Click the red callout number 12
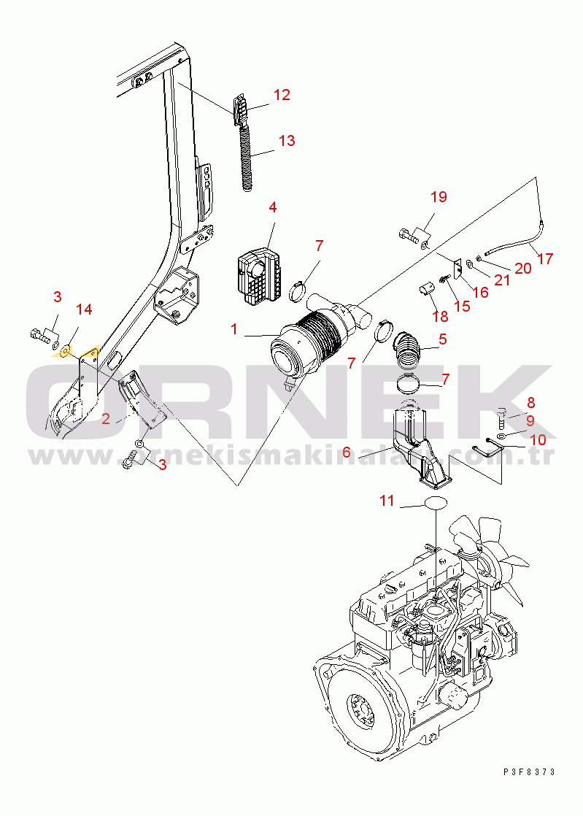click(282, 95)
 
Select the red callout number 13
click(287, 141)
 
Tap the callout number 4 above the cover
click(272, 207)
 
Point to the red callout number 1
click(234, 329)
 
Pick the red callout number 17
click(544, 258)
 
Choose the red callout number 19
click(438, 197)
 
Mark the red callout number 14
click(84, 309)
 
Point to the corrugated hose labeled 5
click(407, 348)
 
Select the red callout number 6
click(347, 453)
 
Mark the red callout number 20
click(522, 269)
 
